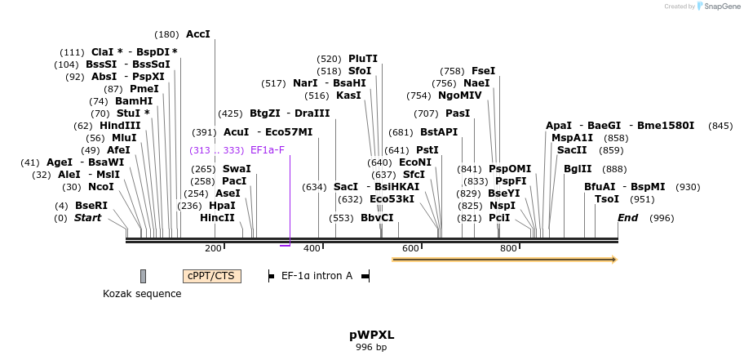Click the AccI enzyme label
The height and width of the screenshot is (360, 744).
198,34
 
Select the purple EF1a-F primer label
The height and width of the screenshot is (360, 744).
268,150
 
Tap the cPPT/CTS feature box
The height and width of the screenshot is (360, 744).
212,276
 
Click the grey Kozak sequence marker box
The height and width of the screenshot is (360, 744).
143,276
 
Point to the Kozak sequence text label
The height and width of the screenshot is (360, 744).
142,294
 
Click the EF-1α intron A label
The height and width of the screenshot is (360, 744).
317,276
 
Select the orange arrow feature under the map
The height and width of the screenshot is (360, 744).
504,260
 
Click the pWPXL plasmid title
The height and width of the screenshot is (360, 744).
372,335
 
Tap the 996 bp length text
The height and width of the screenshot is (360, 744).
372,348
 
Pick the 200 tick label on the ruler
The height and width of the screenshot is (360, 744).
213,248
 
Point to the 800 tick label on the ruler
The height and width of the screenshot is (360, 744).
508,248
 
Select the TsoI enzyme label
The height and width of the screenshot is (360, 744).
607,199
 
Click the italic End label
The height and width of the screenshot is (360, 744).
628,218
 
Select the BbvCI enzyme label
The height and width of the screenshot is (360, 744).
377,218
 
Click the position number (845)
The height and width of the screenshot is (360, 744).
721,126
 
